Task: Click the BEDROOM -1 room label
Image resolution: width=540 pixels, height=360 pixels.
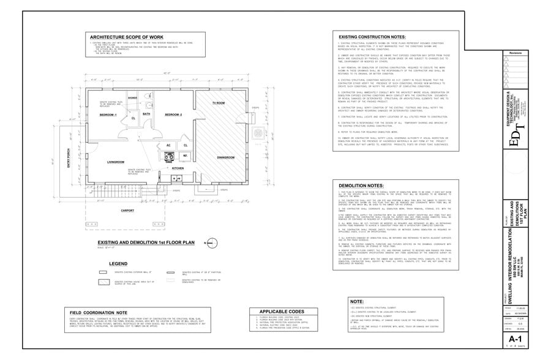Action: (x=108, y=115)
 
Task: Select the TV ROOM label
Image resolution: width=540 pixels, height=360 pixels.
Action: (x=219, y=103)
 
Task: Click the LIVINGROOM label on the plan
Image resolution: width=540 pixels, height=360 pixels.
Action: (x=116, y=162)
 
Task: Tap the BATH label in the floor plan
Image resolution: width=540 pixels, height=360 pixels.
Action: (x=146, y=114)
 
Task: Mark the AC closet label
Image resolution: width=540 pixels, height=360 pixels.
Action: (x=168, y=145)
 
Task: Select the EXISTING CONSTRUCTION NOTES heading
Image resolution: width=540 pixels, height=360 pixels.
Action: (x=374, y=37)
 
